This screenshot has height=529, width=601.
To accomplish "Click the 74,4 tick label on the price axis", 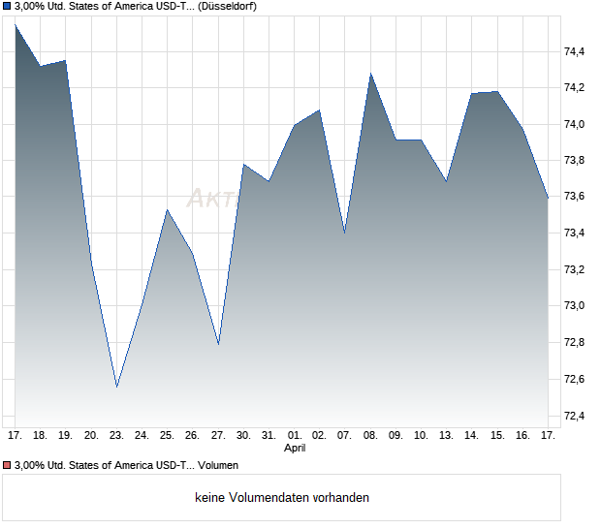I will pos(576,51).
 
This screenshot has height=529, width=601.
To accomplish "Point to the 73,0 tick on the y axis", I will pos(576,306).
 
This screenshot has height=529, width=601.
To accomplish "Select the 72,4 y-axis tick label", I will pos(576,416).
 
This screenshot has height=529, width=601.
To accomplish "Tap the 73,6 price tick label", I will pos(576,197).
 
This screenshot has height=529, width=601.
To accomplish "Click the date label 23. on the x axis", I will pos(116,436).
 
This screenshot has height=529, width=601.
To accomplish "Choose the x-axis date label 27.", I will pos(218,436).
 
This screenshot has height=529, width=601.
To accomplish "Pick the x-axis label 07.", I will pos(344,436).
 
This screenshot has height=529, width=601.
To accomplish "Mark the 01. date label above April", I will pos(295,436).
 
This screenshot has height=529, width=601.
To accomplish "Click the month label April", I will pos(295,449).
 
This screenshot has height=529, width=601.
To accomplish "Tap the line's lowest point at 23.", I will pos(116,387).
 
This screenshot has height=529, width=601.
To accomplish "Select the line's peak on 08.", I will pos(370,74).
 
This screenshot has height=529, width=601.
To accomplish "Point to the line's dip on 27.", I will pos(218,344).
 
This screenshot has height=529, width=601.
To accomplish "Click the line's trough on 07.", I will pos(344,233).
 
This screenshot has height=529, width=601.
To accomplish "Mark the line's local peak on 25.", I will pos(167,210).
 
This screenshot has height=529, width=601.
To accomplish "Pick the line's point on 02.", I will pos(319,110).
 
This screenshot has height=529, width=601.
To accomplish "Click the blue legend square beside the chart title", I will pos(8,6).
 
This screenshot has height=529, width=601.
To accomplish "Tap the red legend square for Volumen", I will pos(8,466).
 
